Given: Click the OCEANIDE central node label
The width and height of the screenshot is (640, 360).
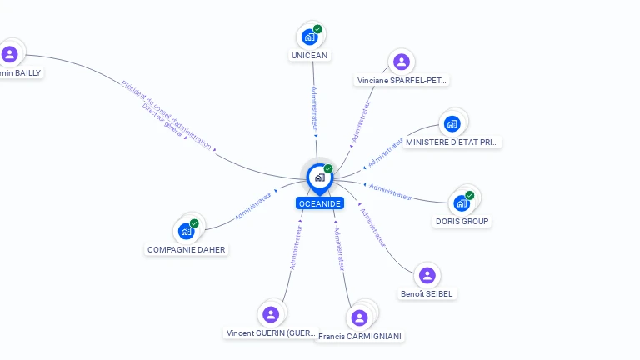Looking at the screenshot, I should [320, 203].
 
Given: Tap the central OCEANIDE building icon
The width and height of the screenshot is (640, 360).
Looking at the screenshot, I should [319, 177].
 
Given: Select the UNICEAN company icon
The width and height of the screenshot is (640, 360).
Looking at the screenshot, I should [310, 37].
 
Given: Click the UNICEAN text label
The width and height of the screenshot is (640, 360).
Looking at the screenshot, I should [310, 56].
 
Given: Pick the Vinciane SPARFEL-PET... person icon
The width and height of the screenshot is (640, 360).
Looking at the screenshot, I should [402, 62].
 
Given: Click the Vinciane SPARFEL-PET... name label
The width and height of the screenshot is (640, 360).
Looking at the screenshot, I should [402, 81].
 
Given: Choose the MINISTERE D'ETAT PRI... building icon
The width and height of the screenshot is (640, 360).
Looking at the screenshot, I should [452, 124].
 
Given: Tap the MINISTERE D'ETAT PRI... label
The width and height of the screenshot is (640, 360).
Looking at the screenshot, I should [452, 142].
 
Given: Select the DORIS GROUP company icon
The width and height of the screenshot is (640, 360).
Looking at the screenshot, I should [462, 202].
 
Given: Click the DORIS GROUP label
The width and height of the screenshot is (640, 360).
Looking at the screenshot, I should [462, 222].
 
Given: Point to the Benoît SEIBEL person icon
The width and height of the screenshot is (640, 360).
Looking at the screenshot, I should [427, 275].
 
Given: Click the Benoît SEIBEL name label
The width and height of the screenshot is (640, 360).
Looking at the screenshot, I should [427, 294].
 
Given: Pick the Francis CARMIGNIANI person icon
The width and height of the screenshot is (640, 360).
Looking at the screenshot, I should [359, 317].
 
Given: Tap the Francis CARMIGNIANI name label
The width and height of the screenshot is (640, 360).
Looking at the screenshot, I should [360, 337].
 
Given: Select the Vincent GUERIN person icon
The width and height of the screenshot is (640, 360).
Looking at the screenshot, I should [271, 314].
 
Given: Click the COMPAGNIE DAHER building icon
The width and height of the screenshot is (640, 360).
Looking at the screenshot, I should [186, 231].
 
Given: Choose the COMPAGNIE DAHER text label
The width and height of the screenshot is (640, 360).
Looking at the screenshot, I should [186, 250].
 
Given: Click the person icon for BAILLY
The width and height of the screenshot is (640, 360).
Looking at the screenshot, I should [10, 54].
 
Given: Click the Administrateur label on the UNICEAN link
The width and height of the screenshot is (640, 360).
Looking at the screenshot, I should [314, 109].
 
